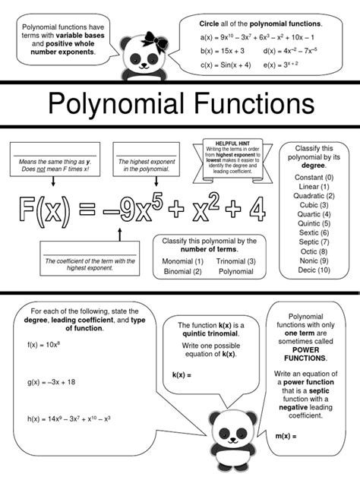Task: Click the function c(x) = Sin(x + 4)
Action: [224, 65]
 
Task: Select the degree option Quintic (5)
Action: [314, 223]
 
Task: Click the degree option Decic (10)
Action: [314, 270]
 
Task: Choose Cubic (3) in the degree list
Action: [314, 205]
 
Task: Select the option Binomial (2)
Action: [182, 271]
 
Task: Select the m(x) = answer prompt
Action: [289, 437]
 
